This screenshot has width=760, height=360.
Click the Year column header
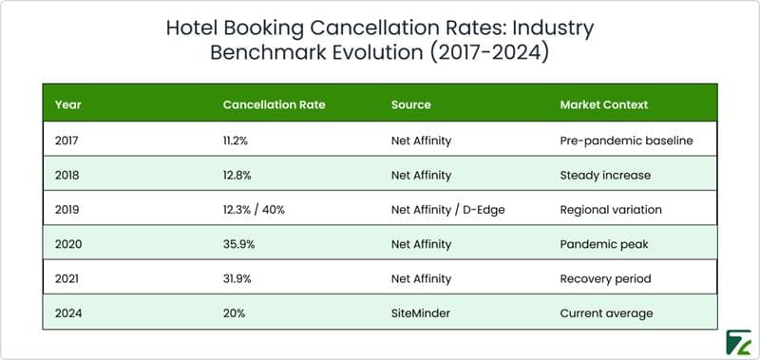(67, 104)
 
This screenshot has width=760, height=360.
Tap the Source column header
(410, 104)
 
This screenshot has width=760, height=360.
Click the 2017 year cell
(68, 141)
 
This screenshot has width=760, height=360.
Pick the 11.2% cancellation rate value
(237, 141)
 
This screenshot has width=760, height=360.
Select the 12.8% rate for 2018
(238, 175)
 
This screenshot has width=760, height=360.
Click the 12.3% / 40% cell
(256, 209)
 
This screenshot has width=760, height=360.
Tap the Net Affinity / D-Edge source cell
(447, 209)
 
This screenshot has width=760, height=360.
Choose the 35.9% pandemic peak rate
(239, 243)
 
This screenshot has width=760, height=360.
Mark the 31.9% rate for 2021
(238, 277)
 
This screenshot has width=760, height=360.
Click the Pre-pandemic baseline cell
(626, 141)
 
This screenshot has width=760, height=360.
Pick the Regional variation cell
(611, 209)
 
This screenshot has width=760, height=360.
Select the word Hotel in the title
(194, 28)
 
